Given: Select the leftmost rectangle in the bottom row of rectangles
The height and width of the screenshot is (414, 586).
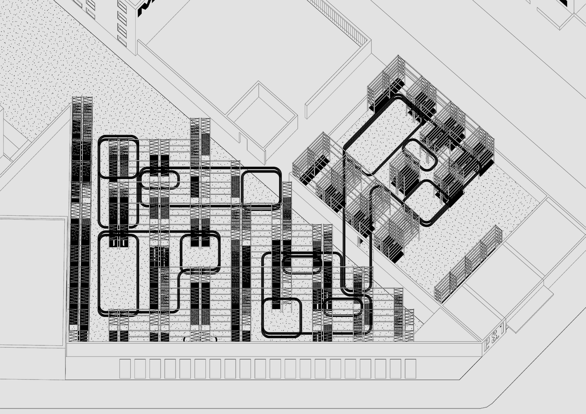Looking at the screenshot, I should pyautogui.click(x=125, y=368).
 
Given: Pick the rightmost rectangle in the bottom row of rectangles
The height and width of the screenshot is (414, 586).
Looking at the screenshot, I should pyautogui.click(x=410, y=368).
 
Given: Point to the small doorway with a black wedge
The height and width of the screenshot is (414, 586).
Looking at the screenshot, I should pyautogui.click(x=361, y=241).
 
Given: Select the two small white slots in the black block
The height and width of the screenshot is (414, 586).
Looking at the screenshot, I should pyautogui.click(x=118, y=242).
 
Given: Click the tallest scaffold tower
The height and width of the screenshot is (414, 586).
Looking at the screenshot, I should pyautogui.click(x=82, y=219).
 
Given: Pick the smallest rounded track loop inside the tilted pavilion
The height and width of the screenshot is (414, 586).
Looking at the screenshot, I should pyautogui.click(x=420, y=155).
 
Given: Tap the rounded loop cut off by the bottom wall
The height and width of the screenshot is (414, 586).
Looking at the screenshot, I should pyautogui.click(x=200, y=339).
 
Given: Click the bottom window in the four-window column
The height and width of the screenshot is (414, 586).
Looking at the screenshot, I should pyautogui.click(x=122, y=39).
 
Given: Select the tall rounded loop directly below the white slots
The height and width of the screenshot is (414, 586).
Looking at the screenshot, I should pyautogui.click(x=118, y=274).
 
